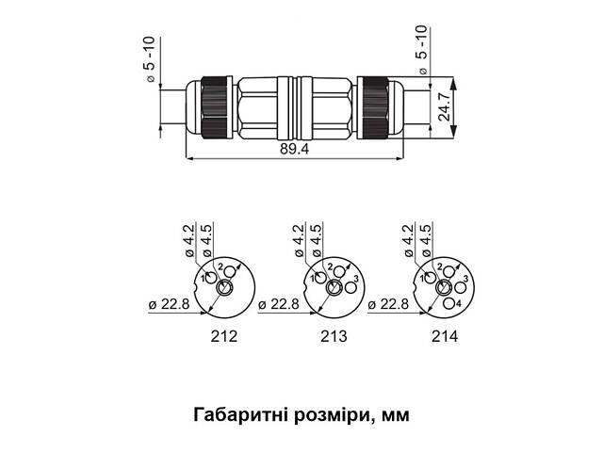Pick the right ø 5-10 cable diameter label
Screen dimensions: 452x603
pos(421,52)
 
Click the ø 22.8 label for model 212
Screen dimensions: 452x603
pos(169,304)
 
